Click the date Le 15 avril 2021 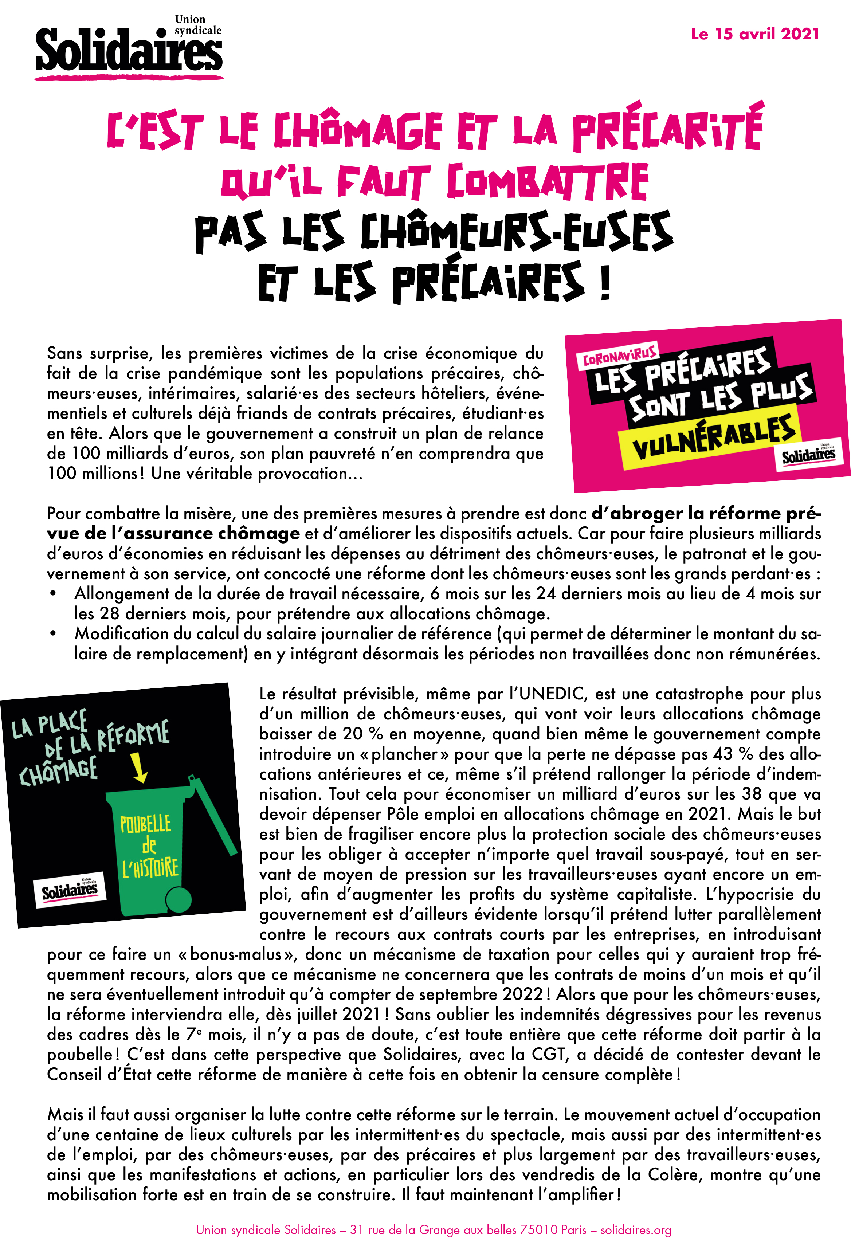coord(754,34)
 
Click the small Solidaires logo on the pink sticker coord(808,455)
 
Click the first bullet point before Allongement coord(53,594)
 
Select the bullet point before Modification coord(53,634)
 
